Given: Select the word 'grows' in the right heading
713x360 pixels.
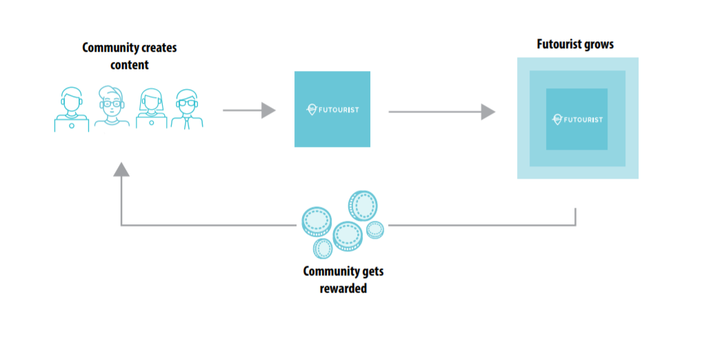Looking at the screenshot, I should coord(597,46).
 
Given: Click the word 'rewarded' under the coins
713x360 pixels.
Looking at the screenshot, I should coord(343,288).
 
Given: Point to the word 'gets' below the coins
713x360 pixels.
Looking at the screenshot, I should coord(370,271).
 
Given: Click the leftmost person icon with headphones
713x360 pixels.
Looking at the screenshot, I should coord(72,109).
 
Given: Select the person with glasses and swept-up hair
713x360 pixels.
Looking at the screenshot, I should coord(111,107).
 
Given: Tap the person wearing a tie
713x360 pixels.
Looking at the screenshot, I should coord(187,109).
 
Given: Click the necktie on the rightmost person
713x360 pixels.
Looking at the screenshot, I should coord(187,123).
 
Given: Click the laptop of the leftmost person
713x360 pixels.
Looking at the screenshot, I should coord(72,123).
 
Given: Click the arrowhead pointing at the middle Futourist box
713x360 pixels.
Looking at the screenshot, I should coord(268,110).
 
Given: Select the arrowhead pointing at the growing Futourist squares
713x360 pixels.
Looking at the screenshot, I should coord(488,111).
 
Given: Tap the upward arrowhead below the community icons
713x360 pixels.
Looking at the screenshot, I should coord(121,168).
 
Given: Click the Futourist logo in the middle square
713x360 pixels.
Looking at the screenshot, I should coord(332,109).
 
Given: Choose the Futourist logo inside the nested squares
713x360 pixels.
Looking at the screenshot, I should coord(577,119).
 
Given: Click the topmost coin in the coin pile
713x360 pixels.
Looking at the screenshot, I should coord(362,205).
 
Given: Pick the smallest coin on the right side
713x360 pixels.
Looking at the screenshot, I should coord(374,230).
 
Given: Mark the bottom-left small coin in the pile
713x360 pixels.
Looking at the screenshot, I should coord(323,248).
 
